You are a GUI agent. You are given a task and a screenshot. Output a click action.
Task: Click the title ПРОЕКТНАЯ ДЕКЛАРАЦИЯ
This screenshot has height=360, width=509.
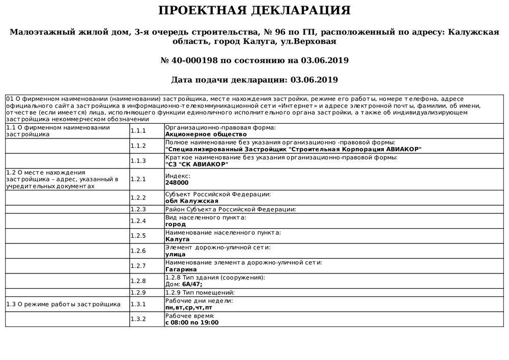[x=254, y=11]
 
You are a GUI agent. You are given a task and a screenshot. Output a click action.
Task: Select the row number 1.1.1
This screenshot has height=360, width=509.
[x=138, y=131]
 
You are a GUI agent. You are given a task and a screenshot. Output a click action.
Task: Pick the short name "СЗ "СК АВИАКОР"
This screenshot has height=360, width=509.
[x=197, y=164]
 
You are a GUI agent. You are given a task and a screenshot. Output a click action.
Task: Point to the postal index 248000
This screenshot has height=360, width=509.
[x=177, y=182]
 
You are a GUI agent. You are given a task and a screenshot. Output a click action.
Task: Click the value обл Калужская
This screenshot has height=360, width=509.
[x=188, y=201]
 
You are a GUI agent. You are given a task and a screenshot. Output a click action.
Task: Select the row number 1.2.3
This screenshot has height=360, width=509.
[x=138, y=209]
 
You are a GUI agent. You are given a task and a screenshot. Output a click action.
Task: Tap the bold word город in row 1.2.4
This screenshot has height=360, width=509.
[x=176, y=224]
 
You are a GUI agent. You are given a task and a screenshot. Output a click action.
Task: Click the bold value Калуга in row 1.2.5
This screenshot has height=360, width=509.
[x=178, y=239]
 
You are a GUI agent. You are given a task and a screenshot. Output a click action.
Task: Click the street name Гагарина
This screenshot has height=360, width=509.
[x=181, y=269]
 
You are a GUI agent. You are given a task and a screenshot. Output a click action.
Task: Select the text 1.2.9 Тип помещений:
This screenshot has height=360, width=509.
[x=200, y=293]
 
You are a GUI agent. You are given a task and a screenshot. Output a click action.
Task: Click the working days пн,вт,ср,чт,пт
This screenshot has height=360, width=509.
[x=189, y=308]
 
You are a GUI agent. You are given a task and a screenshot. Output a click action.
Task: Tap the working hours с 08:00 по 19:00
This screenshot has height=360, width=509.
[x=192, y=322]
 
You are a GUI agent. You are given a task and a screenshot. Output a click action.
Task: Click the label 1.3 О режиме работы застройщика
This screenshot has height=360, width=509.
[x=63, y=304]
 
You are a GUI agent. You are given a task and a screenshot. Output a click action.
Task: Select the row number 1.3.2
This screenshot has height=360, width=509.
[x=138, y=319]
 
